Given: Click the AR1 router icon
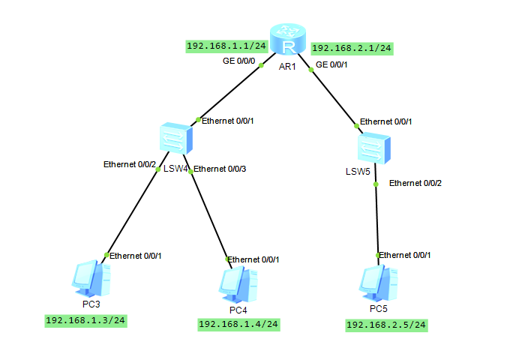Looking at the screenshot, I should click(x=289, y=40).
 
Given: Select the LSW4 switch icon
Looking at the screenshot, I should click(x=176, y=139).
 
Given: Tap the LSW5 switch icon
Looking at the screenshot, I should click(x=373, y=147).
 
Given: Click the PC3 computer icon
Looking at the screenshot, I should click(x=93, y=278).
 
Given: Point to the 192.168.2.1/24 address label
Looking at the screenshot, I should click(x=352, y=48).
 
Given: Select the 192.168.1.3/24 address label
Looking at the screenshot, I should click(x=85, y=321).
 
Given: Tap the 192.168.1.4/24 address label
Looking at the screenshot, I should click(x=238, y=324).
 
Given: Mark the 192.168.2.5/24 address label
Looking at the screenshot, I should click(x=386, y=325).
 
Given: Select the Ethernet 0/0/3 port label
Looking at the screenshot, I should click(x=220, y=169).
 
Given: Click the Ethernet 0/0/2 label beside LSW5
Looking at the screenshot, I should click(x=415, y=183).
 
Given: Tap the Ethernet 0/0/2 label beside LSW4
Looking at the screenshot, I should click(x=130, y=164).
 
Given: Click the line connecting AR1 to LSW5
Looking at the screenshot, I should click(x=331, y=94).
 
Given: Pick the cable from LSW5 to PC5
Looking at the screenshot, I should click(x=376, y=217).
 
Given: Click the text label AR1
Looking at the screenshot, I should click(x=289, y=67).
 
